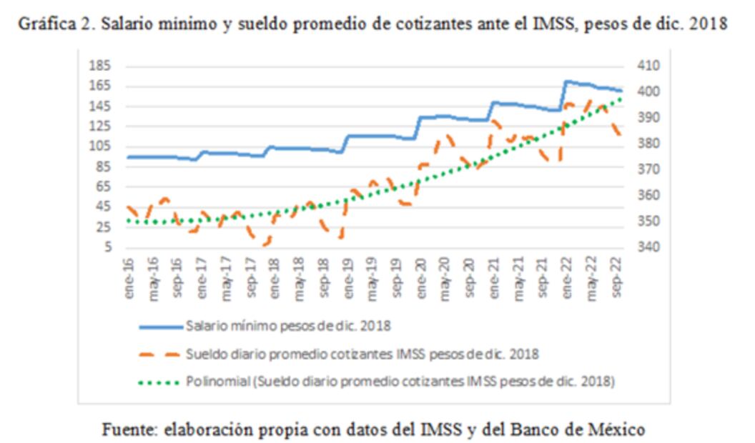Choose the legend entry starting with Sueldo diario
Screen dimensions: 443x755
361,354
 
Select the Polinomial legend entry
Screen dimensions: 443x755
400,380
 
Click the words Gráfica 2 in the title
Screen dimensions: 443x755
62,23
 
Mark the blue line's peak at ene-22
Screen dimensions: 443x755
567,81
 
